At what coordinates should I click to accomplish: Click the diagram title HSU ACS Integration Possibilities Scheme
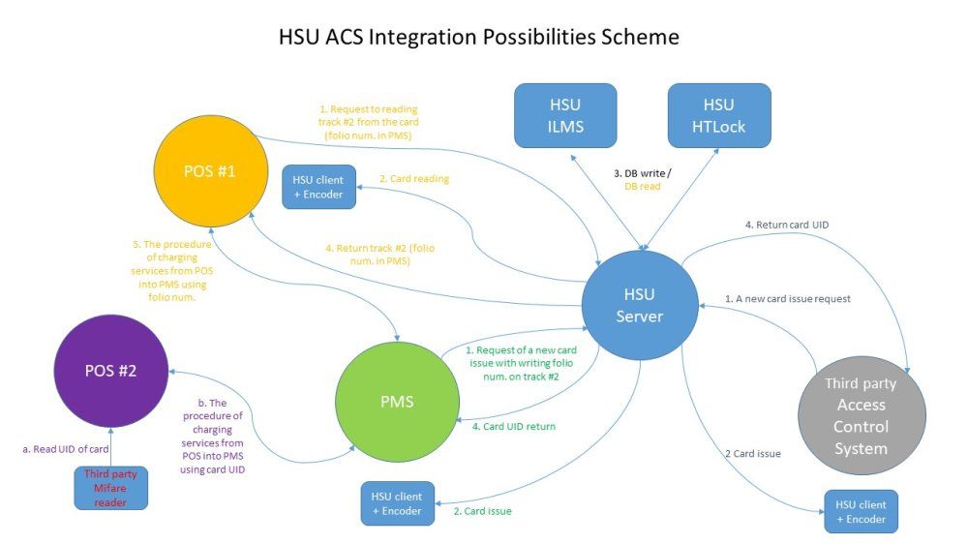(x=478, y=37)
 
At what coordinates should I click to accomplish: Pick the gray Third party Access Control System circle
(x=861, y=415)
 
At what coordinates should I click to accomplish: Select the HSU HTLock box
(x=719, y=115)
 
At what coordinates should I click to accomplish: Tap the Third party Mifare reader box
(x=110, y=488)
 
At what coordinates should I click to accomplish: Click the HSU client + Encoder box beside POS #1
(x=318, y=186)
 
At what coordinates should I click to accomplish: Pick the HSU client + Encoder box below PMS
(x=397, y=503)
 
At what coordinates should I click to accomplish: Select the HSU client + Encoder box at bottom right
(x=861, y=511)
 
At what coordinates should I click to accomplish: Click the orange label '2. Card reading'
(x=413, y=178)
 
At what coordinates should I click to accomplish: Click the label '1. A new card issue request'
(x=788, y=299)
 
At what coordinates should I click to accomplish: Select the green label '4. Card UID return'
(x=514, y=426)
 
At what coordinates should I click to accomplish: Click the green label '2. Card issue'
(x=482, y=511)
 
